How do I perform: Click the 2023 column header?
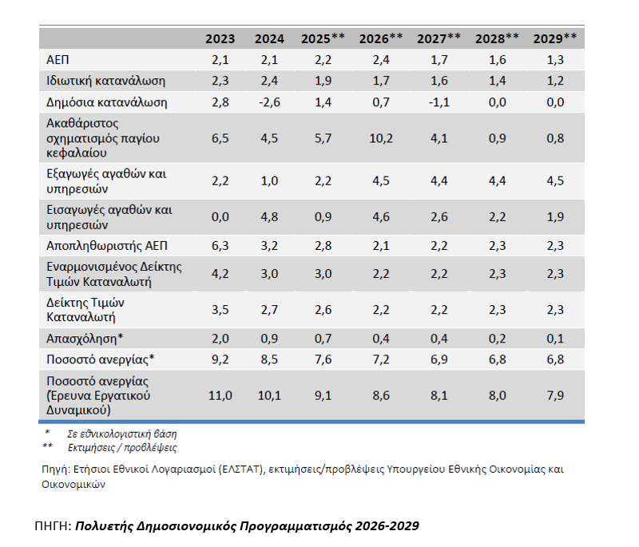point(220,38)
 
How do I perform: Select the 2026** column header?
point(381,38)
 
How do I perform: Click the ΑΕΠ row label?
point(60,59)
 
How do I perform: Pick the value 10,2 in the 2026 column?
point(381,137)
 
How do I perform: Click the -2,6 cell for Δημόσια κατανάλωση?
point(268,102)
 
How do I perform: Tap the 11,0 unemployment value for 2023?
point(220,395)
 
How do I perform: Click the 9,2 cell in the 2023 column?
point(220,360)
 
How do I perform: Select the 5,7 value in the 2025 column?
point(323,137)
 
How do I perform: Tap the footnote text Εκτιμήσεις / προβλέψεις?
point(122,447)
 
